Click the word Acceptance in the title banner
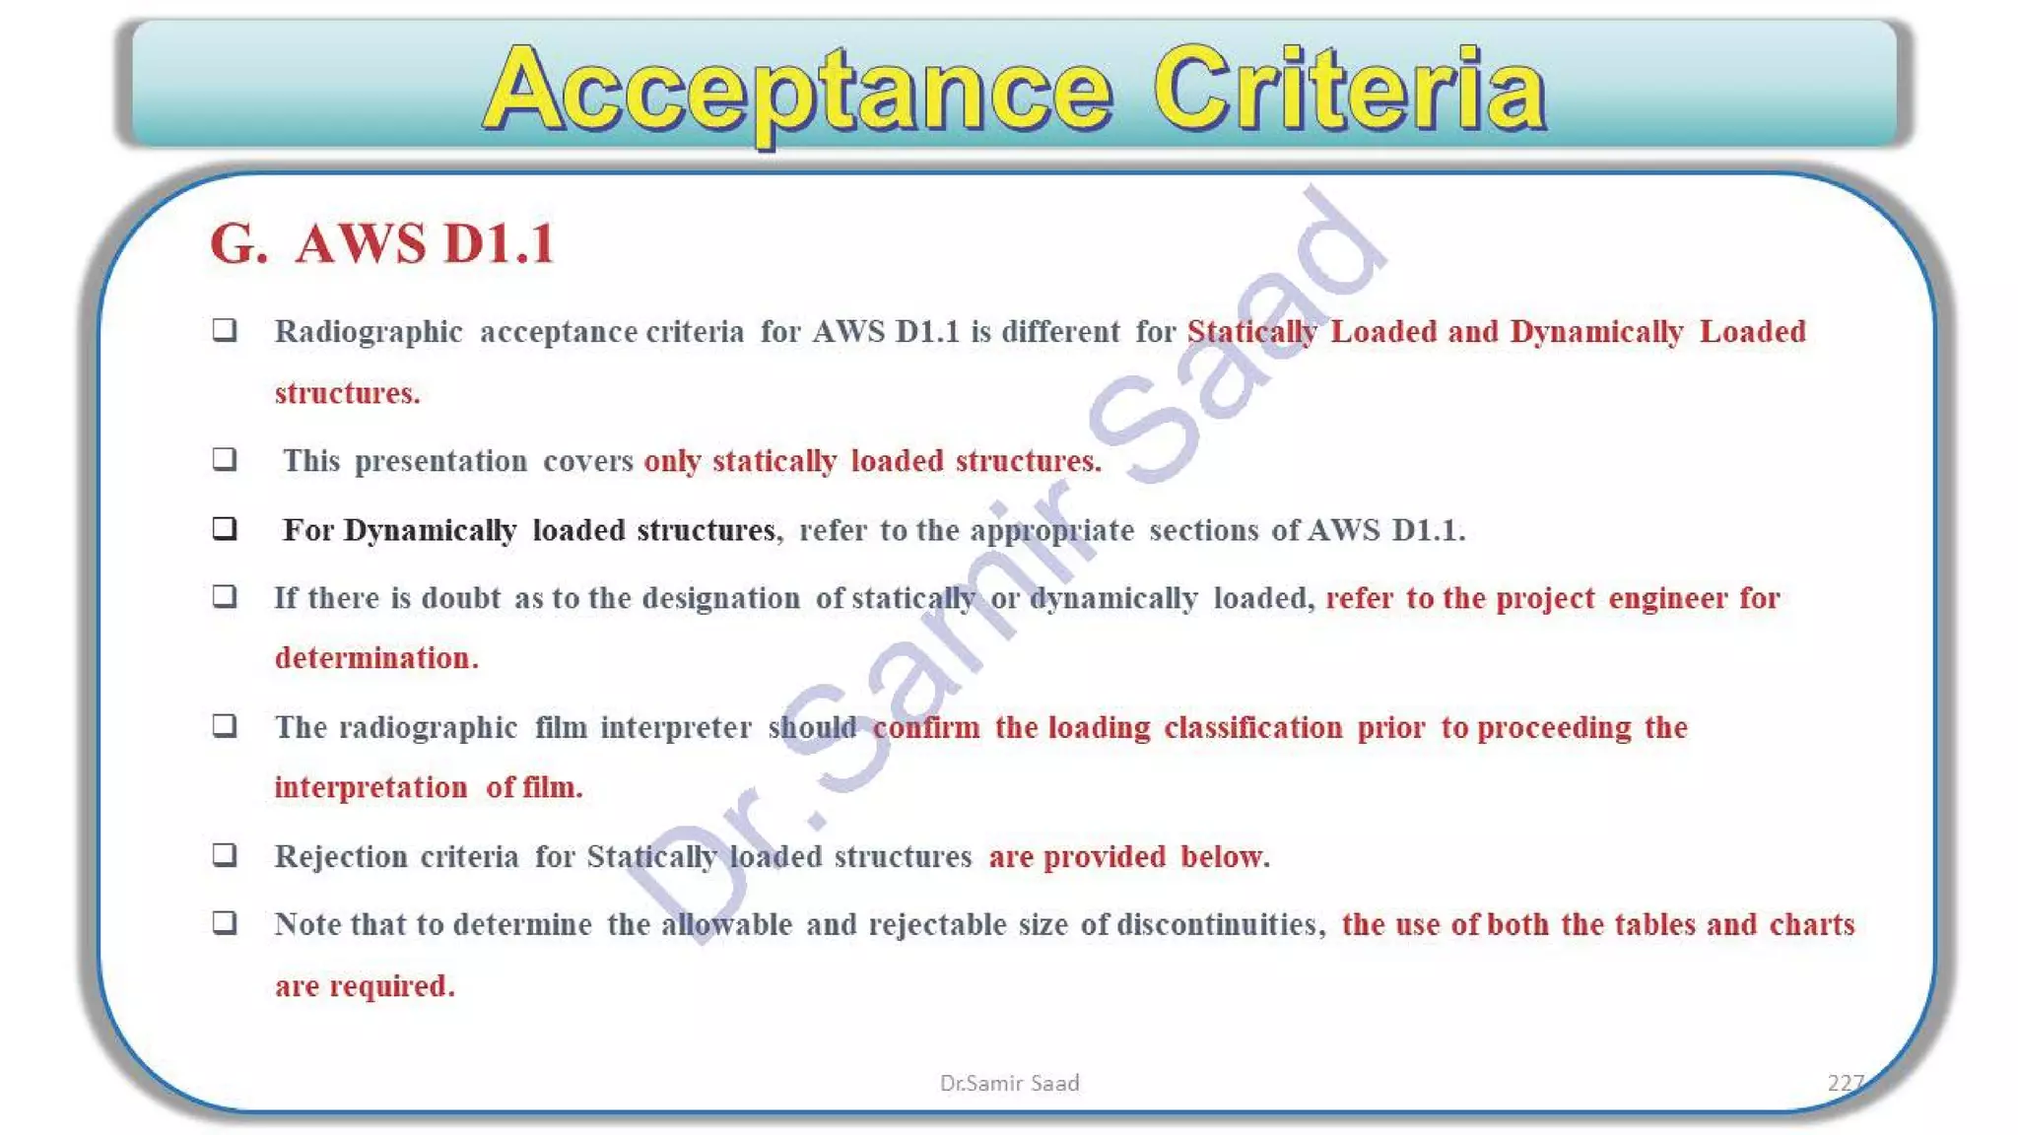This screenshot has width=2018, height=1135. [798, 91]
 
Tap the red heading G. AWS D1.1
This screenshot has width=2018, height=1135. [382, 243]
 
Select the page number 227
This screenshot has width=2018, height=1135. [1845, 1083]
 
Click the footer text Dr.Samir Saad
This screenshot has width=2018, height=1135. [1009, 1083]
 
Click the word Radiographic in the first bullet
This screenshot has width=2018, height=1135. [368, 332]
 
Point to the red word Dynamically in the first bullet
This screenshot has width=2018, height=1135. [1596, 332]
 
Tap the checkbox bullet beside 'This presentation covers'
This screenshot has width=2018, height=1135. [225, 459]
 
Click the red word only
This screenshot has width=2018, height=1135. [672, 461]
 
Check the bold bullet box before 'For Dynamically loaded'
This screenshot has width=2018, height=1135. [225, 529]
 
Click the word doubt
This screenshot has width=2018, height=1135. [461, 598]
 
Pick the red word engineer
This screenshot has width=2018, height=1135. [1667, 598]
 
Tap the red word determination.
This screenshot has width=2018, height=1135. [375, 658]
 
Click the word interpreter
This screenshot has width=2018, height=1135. [676, 728]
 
